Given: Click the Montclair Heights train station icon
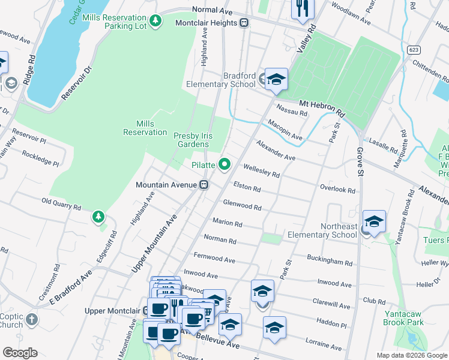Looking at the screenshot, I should pyautogui.click(x=244, y=23).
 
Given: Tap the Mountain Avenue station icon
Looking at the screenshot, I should pyautogui.click(x=204, y=185).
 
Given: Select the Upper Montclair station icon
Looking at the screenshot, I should pyautogui.click(x=146, y=311).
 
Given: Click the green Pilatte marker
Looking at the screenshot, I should pyautogui.click(x=225, y=164).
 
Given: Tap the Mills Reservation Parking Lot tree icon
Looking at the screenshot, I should pyautogui.click(x=155, y=21).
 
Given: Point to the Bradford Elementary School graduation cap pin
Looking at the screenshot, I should pyautogui.click(x=276, y=79).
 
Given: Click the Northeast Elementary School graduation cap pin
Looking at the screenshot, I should pyautogui.click(x=373, y=222).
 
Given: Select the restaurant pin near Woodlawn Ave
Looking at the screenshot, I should pyautogui.click(x=302, y=8).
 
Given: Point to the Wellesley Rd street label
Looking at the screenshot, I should pyautogui.click(x=261, y=171).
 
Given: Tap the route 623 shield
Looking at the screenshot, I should pyautogui.click(x=412, y=49).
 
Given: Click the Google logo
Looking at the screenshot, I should pyautogui.click(x=20, y=352).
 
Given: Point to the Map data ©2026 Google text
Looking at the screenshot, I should pyautogui.click(x=411, y=355).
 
